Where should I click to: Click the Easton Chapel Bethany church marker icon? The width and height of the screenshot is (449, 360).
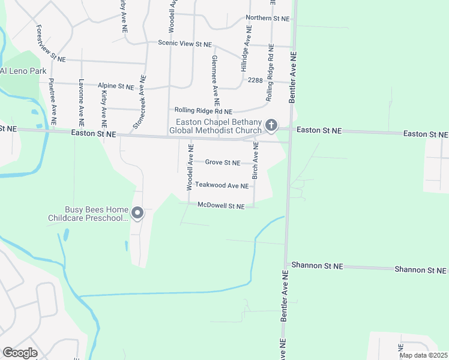point(271,125)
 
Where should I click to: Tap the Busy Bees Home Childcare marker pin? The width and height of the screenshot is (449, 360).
point(137,213)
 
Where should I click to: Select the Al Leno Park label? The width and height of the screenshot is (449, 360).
point(23,71)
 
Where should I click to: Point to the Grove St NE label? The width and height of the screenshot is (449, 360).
point(223,163)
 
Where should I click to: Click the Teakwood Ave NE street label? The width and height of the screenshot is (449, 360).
point(221,186)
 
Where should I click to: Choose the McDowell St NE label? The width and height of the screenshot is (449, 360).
point(221,206)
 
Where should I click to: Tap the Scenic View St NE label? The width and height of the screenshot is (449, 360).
point(185,44)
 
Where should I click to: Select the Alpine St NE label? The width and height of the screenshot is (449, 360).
point(116,86)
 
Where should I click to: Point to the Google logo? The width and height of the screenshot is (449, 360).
point(20,353)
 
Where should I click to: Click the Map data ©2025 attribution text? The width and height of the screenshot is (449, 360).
point(423,355)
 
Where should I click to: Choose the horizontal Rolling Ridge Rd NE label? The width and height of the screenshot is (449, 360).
point(203,110)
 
